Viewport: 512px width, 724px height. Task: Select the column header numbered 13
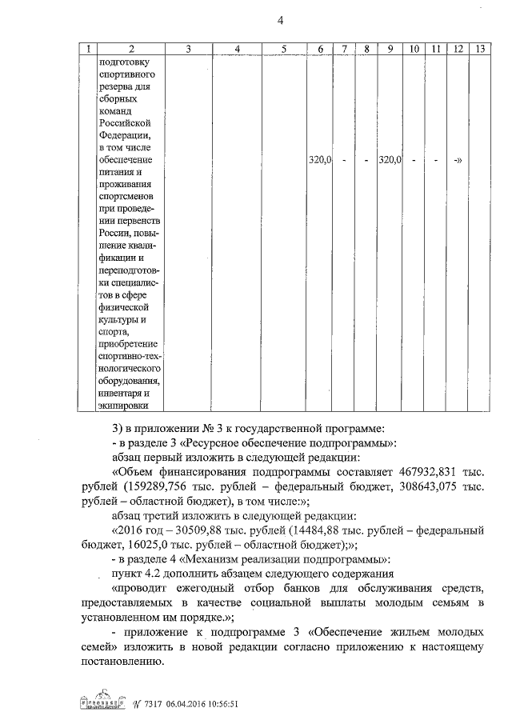point(479,50)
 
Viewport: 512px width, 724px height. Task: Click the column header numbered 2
point(131,50)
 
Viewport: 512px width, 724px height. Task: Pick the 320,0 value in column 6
point(320,160)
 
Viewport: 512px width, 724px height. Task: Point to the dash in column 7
point(343,160)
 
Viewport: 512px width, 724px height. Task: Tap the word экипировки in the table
point(123,405)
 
